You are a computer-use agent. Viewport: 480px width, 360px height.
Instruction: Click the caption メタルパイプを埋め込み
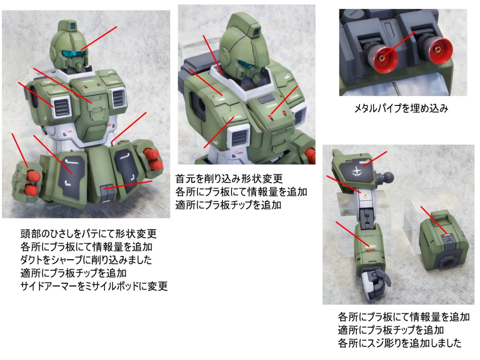click(x=401, y=108)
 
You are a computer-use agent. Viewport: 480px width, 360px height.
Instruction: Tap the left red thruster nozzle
click(x=384, y=57)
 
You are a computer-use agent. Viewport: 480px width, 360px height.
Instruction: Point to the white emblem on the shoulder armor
click(x=357, y=172)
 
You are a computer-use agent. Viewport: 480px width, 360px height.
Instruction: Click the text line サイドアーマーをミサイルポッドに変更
click(x=94, y=286)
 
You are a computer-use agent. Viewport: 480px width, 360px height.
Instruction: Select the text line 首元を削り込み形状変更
click(x=229, y=179)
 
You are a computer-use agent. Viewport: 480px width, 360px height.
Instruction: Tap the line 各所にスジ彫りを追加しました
click(x=399, y=343)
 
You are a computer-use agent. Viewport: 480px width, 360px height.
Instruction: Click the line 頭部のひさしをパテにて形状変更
click(x=89, y=233)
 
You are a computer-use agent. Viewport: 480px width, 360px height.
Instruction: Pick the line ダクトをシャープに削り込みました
click(x=86, y=260)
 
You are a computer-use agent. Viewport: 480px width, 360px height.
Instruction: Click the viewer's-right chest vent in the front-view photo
click(x=118, y=97)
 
